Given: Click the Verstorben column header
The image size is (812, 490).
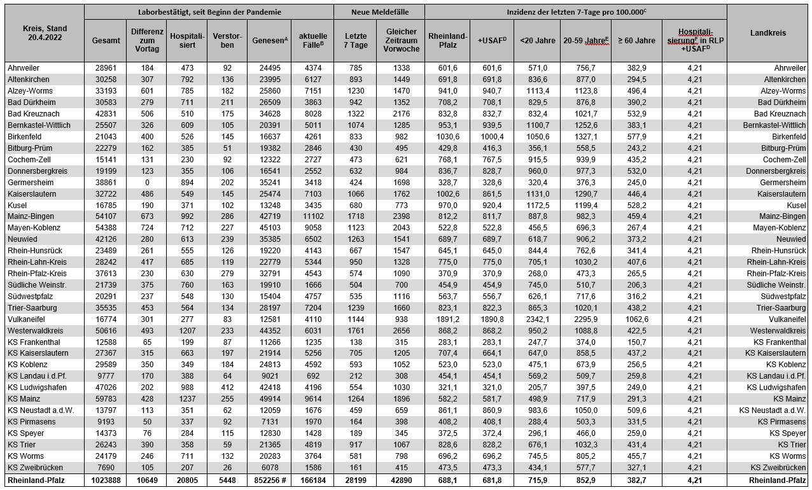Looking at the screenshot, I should tap(228, 40).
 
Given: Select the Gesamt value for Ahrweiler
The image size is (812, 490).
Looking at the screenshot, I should tap(106, 68).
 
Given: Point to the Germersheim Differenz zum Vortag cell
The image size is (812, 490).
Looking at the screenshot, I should tap(147, 182).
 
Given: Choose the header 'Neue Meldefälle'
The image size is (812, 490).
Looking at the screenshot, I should tap(379, 12).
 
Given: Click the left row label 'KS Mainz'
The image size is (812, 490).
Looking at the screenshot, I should tap(23, 399).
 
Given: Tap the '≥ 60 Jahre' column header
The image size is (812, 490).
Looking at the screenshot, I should tap(636, 41).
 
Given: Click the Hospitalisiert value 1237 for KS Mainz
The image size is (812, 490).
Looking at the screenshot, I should tap(187, 399).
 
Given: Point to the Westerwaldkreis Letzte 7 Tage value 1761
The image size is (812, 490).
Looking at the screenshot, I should tap(356, 331).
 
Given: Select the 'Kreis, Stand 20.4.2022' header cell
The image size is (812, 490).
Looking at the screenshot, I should tap(44, 33).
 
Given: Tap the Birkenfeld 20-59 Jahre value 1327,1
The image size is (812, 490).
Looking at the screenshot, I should tap(585, 136).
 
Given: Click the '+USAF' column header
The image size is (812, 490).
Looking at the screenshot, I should tap(492, 41).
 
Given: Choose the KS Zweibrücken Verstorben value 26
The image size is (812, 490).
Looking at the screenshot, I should tap(228, 467).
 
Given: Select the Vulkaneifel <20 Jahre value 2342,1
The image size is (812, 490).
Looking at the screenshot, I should tap(538, 319).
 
